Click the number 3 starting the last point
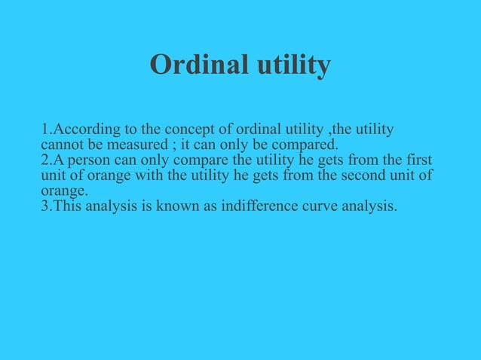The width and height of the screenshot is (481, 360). click(45, 206)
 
